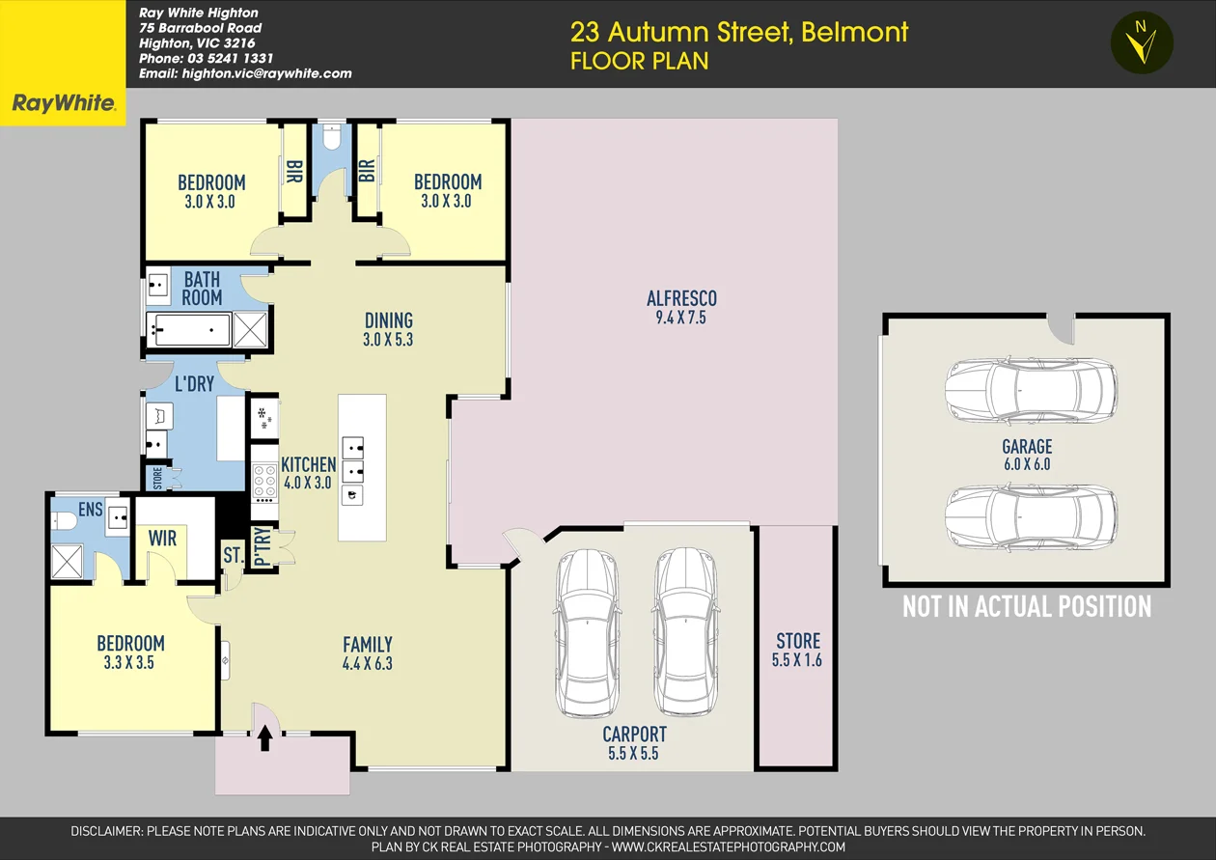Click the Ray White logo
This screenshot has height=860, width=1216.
[63, 103]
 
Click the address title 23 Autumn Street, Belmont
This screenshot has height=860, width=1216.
[738, 32]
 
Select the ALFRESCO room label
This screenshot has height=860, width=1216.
[681, 298]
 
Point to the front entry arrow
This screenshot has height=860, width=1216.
[265, 738]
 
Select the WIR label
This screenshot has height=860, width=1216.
[163, 538]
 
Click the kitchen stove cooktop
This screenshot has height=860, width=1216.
[263, 481]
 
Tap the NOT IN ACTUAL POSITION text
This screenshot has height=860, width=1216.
[1027, 606]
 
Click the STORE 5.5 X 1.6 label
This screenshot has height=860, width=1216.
[797, 650]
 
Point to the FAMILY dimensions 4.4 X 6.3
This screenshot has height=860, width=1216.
[367, 663]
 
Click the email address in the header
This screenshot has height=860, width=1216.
[245, 73]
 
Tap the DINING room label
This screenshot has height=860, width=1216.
[389, 320]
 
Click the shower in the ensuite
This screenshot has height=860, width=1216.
[67, 561]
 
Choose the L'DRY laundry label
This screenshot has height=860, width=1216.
[194, 384]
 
